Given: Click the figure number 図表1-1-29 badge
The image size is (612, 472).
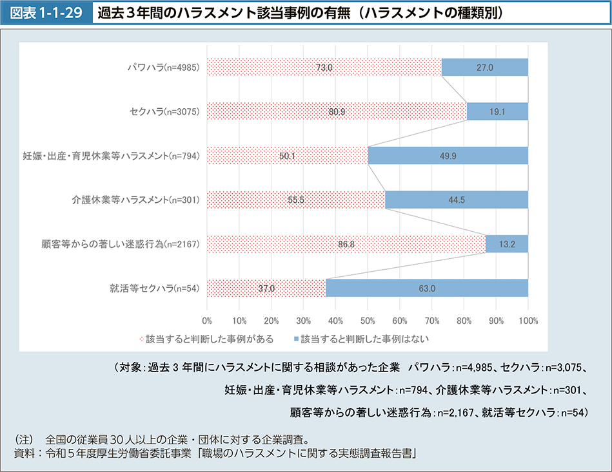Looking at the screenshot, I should (x=46, y=12).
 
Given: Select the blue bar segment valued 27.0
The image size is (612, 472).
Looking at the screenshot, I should (x=485, y=67).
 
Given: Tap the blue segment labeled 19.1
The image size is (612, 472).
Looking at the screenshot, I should (x=497, y=111).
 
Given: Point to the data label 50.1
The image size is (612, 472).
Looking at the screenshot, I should (x=288, y=156).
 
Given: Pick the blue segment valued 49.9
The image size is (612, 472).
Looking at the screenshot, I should (x=448, y=156).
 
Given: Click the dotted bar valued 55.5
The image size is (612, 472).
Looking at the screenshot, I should (x=296, y=200).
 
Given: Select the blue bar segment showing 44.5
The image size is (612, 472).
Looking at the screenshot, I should (x=457, y=200).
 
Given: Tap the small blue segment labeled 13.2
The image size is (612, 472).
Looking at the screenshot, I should (x=507, y=244).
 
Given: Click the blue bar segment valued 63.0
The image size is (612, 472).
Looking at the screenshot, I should (x=427, y=288).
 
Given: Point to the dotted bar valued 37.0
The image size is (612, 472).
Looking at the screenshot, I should (x=266, y=288).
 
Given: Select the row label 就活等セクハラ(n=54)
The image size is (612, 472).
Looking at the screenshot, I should (x=155, y=288).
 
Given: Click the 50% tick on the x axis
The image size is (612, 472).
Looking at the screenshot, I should (x=368, y=320).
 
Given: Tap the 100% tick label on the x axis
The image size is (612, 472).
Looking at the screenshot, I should (x=528, y=320).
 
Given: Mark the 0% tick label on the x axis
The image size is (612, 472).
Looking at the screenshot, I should (x=207, y=320).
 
